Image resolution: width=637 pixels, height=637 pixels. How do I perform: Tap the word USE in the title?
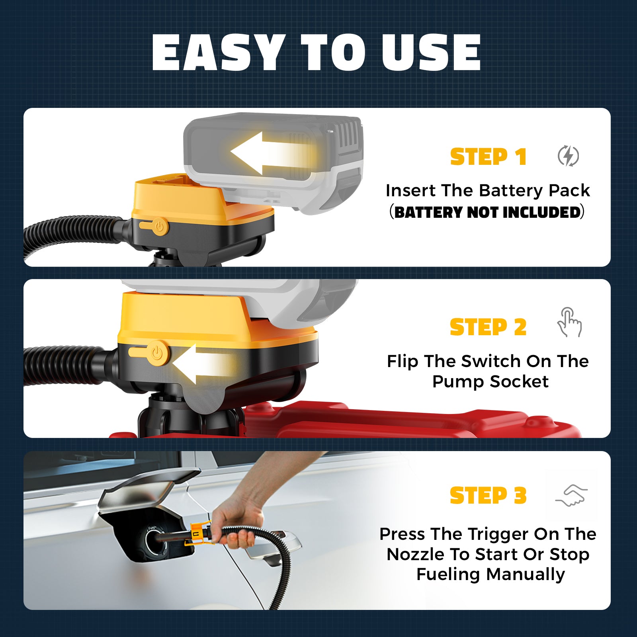[431, 53]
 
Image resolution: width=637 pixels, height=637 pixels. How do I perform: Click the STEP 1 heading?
[488, 156]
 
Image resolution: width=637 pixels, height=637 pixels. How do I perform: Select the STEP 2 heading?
[488, 327]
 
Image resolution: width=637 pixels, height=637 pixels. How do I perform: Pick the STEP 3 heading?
[488, 496]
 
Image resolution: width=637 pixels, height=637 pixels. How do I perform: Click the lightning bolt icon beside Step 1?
[568, 156]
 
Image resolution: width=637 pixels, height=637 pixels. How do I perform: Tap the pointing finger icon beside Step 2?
[569, 322]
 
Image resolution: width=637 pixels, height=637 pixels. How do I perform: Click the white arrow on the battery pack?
[271, 153]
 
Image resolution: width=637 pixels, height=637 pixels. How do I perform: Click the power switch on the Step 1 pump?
[154, 227]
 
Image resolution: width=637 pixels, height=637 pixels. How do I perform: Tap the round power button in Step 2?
[158, 353]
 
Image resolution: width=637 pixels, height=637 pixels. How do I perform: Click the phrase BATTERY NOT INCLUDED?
[488, 212]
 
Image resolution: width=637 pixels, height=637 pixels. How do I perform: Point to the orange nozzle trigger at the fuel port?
[199, 532]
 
